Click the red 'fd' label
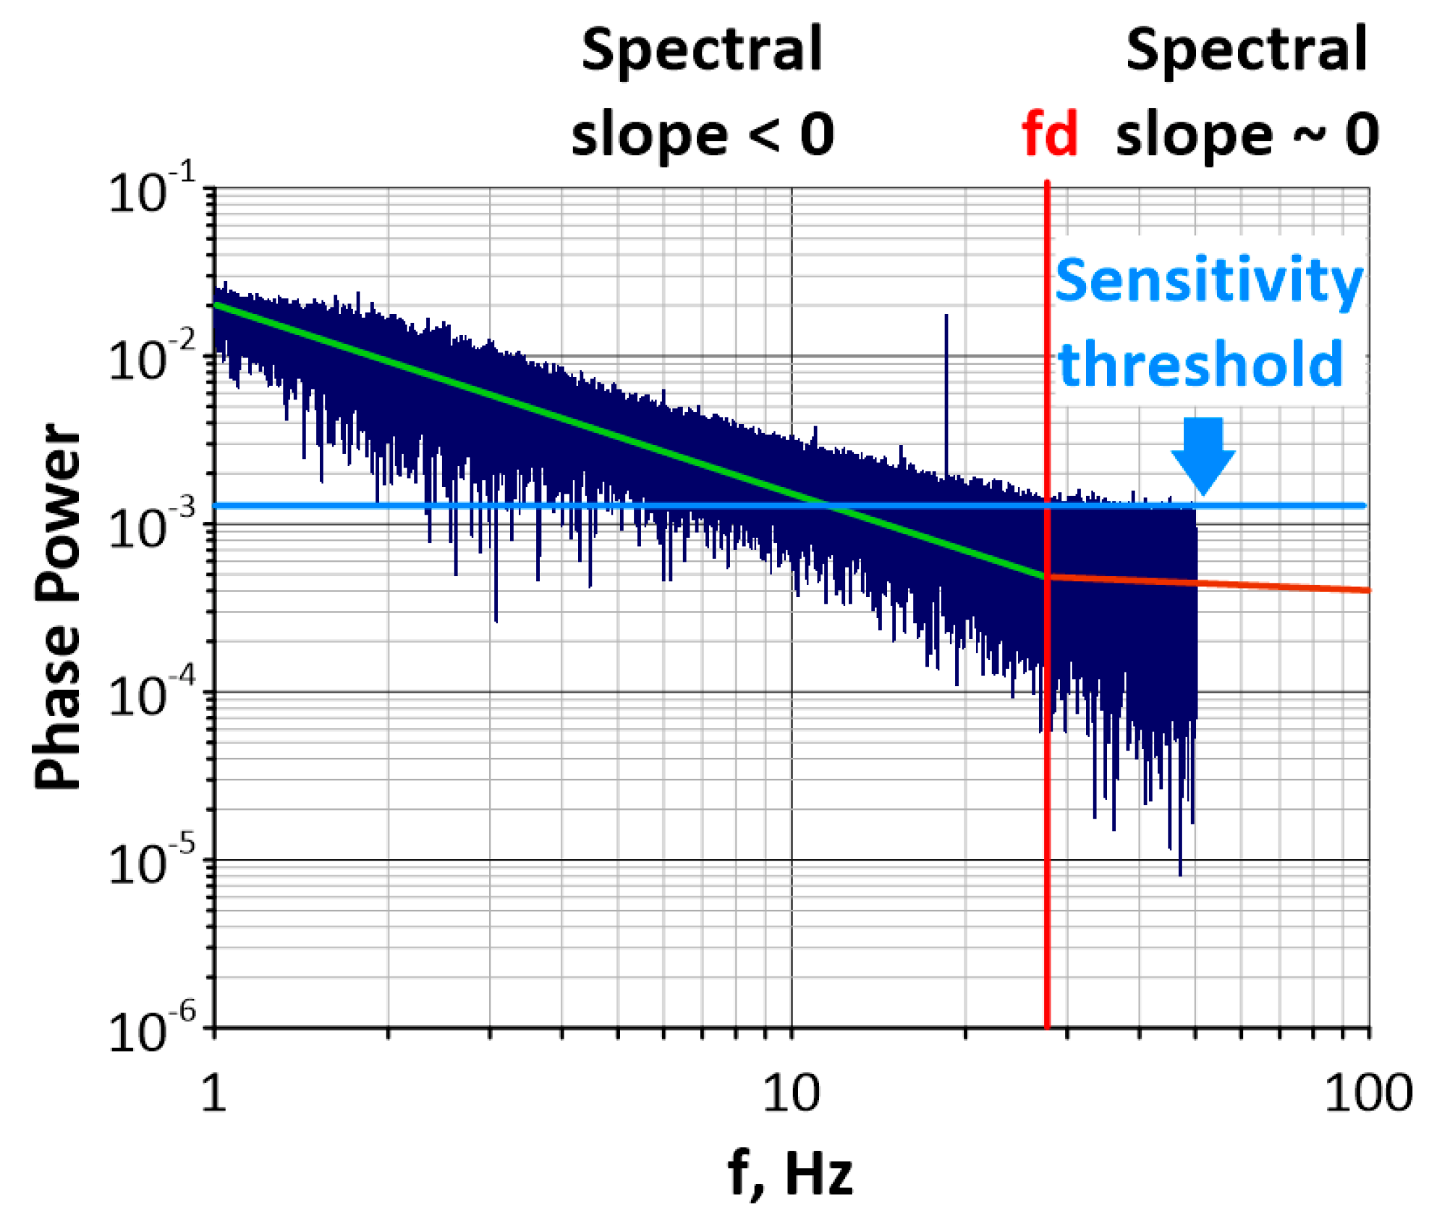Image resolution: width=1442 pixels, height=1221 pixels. pos(1049,135)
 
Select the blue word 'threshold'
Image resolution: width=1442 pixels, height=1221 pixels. pos(1200,365)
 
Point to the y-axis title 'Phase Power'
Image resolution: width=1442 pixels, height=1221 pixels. pos(58,606)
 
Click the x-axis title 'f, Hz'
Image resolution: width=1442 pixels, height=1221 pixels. pos(790,1173)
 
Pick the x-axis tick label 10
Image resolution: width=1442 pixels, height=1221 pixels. pos(791,1093)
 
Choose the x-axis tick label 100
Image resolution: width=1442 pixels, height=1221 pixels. pos(1367,1093)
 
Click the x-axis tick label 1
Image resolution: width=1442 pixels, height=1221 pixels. pos(213,1093)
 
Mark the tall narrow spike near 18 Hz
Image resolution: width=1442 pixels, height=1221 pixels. pos(946,376)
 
